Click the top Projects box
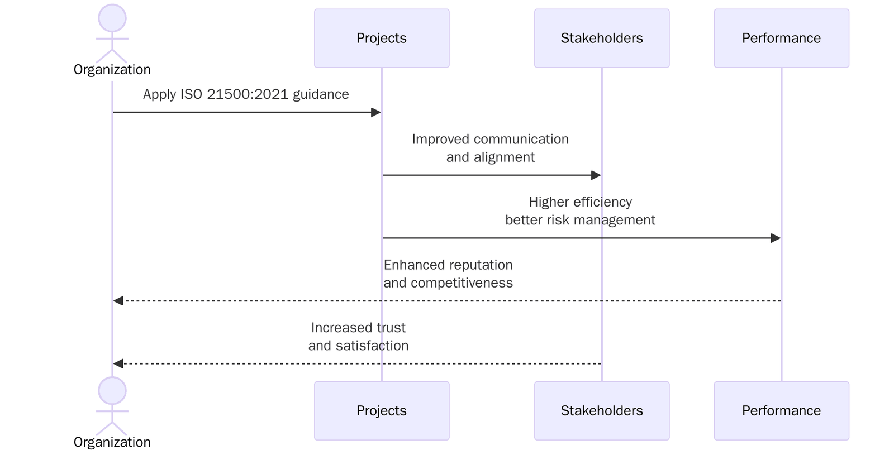382,38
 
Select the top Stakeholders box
602,38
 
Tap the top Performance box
781,38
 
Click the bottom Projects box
382,410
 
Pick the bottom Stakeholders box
602,410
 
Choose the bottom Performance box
781,410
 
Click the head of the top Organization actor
112,18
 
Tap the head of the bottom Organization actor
112,390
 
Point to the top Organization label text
112,70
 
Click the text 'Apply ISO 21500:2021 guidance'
246,94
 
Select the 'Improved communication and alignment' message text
490,148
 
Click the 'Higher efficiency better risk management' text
580,211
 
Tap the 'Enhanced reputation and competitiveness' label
448,274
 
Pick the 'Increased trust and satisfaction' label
358,337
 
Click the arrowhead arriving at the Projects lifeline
376,112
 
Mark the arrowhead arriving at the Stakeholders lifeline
596,175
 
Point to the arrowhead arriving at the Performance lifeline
776,238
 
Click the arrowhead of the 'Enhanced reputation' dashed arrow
118,301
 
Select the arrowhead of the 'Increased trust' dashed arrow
118,364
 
